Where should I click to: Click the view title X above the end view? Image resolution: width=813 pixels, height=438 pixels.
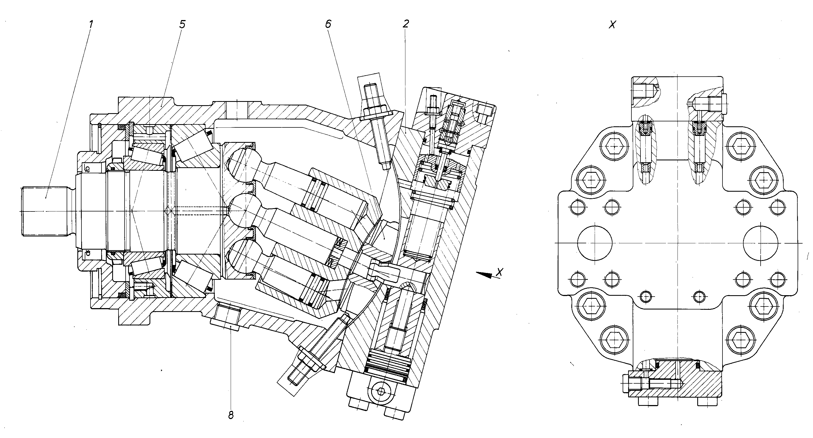point(612,25)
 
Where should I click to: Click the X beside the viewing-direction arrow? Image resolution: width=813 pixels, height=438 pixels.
point(499,272)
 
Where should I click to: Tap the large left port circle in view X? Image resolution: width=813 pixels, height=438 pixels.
point(595,243)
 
